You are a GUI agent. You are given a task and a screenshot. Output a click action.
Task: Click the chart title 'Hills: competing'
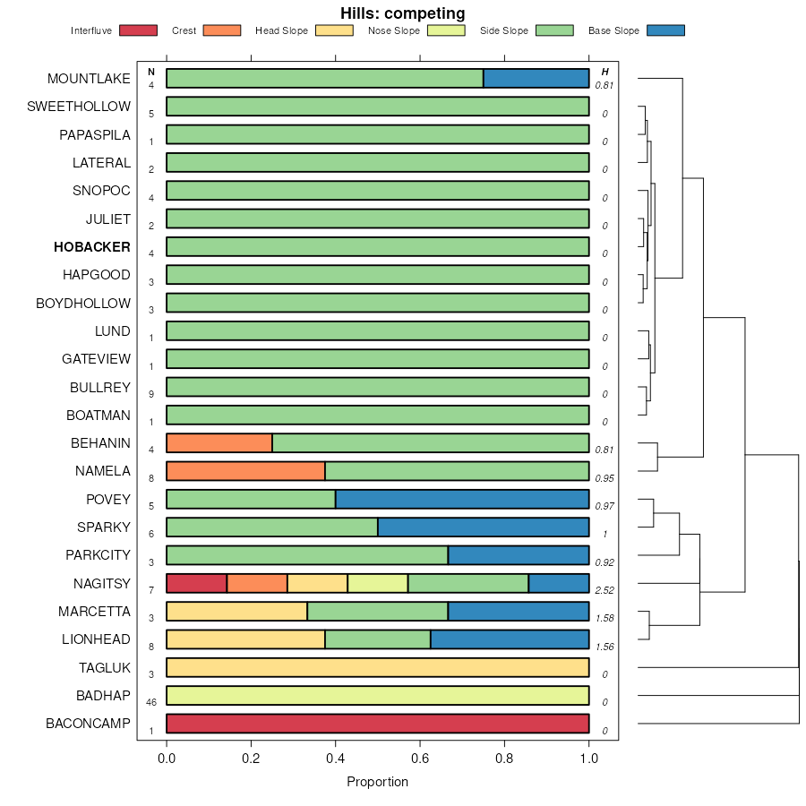(x=402, y=13)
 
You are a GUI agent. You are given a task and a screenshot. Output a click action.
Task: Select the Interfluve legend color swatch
(x=138, y=30)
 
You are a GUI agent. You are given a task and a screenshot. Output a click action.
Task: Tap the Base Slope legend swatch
(x=665, y=30)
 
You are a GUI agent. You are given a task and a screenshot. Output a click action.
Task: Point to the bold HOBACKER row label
(x=91, y=247)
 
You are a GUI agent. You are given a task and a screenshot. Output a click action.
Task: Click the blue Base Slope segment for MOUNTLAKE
(x=536, y=79)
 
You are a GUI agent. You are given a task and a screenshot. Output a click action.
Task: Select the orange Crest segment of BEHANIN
(x=219, y=443)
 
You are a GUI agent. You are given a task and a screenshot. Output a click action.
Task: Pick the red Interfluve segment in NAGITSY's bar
(x=196, y=584)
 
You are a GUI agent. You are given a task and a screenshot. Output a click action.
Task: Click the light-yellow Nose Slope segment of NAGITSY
(x=377, y=584)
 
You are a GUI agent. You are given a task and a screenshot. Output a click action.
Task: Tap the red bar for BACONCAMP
(x=377, y=724)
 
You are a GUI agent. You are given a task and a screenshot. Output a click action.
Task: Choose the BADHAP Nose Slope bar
(x=377, y=696)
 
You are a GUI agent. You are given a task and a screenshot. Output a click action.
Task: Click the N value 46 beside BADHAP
(x=151, y=703)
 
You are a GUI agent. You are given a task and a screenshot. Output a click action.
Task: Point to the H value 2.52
(x=604, y=591)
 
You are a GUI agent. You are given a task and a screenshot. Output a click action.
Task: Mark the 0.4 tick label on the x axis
(x=336, y=759)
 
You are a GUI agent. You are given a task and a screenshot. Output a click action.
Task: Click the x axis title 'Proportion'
(x=377, y=782)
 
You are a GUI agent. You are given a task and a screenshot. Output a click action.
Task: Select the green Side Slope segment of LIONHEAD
(x=377, y=639)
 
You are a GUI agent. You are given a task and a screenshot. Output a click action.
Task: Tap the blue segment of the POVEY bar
(x=462, y=500)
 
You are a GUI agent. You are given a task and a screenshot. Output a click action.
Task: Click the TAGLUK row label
(x=105, y=668)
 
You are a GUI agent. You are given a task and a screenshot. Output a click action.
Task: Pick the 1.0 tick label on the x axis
(x=588, y=759)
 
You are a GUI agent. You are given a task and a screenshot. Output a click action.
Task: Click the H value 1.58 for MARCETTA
(x=604, y=619)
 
